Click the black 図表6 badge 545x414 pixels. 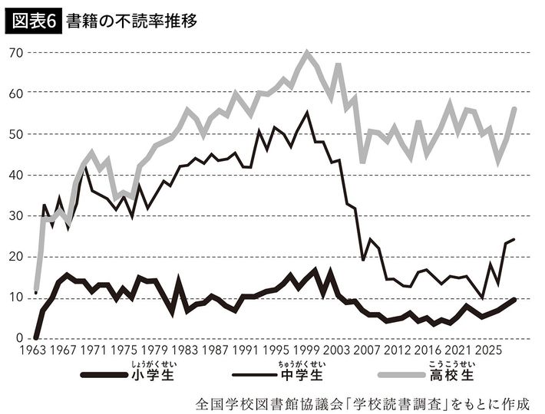pos(33,21)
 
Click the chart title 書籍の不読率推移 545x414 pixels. pos(132,21)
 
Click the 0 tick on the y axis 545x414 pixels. pos(19,338)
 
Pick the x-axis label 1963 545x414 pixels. pos(33,350)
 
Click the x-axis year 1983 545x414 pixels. pos(185,350)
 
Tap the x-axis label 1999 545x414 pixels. pos(306,350)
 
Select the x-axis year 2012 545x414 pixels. pos(398,350)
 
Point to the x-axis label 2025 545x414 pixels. pos(489,350)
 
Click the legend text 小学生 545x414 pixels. pos(153,375)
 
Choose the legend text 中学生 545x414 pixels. pos(302,375)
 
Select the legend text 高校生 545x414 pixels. pos(452,375)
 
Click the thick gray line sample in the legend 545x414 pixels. pos(401,375)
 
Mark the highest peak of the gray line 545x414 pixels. pos(306,52)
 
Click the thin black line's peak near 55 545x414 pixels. pos(306,113)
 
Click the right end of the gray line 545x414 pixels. pos(515,109)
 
